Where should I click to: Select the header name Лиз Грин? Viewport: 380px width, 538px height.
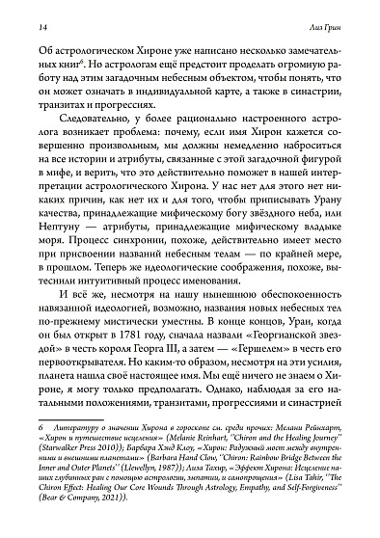[x=337, y=18]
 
